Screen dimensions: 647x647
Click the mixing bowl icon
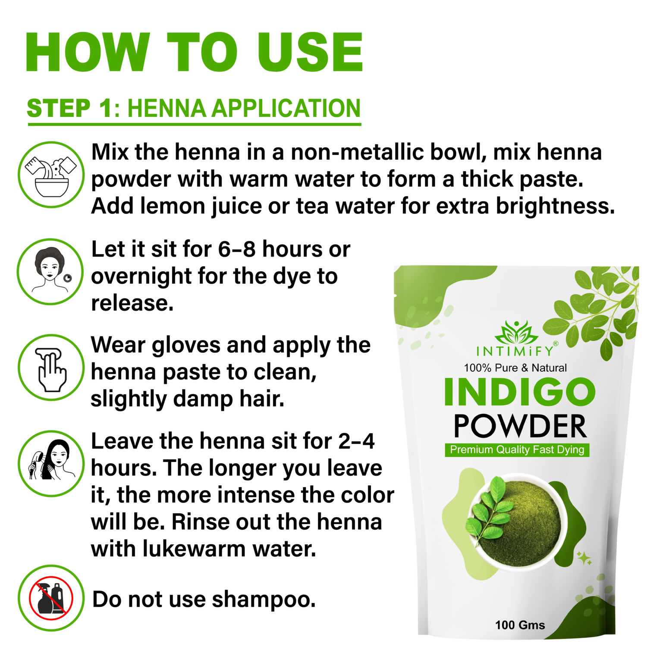coord(51,175)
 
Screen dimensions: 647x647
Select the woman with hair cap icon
coord(50,272)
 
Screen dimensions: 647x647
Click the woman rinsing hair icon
coord(51,463)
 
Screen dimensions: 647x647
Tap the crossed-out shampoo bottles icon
coord(51,598)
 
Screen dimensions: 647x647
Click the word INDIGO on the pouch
coord(520,392)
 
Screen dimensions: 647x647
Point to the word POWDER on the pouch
coord(520,426)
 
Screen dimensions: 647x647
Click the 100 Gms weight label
coord(520,625)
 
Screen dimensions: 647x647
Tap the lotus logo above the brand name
coord(516,333)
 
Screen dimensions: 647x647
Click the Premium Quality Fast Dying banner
coord(517,450)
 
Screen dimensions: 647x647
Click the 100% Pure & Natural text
coord(515,368)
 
